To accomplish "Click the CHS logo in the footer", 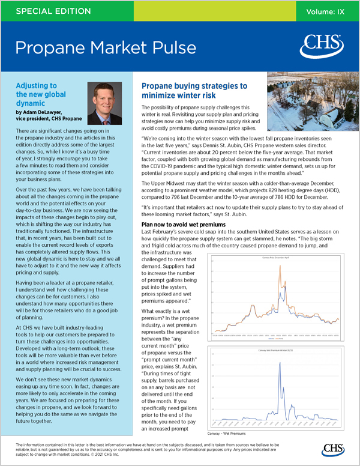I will pyautogui.click(x=332, y=450).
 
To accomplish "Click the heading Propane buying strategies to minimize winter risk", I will pyautogui.click(x=194, y=91).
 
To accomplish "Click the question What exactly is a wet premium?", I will pyautogui.click(x=170, y=310).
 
